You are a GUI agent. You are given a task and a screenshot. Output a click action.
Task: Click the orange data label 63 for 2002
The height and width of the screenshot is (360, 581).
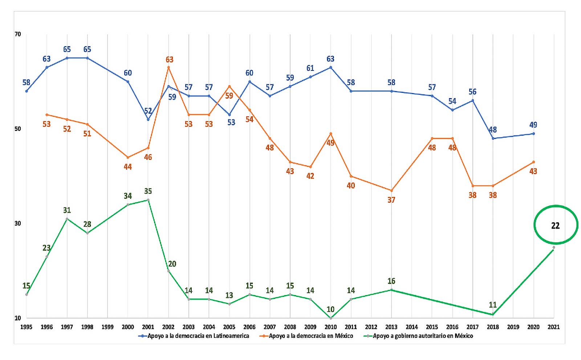point(170,60)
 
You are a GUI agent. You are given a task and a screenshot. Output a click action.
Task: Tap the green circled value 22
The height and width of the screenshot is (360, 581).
point(555,226)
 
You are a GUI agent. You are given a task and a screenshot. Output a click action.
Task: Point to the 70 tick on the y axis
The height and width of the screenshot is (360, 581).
point(18,34)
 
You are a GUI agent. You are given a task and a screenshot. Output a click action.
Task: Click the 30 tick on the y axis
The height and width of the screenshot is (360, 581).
point(18,223)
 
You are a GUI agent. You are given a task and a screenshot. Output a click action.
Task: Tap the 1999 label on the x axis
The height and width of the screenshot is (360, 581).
point(107,327)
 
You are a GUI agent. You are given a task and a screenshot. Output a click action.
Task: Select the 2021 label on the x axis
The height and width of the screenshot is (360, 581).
point(553,327)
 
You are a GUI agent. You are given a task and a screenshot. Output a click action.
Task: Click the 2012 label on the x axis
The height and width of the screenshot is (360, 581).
point(371,327)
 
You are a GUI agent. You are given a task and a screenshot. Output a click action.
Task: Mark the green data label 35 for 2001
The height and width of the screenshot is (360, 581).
point(148,191)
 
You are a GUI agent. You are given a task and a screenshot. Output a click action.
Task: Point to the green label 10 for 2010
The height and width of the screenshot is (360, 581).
point(330,310)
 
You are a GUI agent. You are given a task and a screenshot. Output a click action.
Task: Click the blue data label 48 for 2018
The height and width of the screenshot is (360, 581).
point(493,130)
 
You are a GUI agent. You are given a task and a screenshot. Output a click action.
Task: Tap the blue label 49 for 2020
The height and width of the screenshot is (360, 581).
point(533,125)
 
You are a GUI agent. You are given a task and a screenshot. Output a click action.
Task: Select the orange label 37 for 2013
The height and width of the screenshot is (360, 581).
point(391,200)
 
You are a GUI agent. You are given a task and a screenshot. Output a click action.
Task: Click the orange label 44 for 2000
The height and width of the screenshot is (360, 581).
point(128,167)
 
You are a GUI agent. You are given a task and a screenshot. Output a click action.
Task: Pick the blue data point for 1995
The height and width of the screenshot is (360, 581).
point(27,91)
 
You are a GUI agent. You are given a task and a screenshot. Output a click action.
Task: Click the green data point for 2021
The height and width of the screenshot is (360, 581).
point(553,247)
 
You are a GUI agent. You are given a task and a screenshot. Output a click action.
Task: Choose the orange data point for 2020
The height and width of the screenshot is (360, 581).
point(533,162)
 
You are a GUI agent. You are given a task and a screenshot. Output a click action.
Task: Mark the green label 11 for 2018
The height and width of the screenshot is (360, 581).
point(493,305)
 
